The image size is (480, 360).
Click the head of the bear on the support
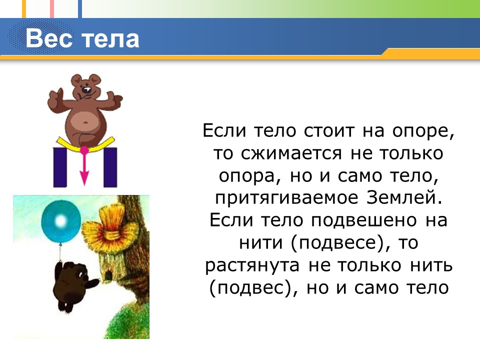(85, 87)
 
